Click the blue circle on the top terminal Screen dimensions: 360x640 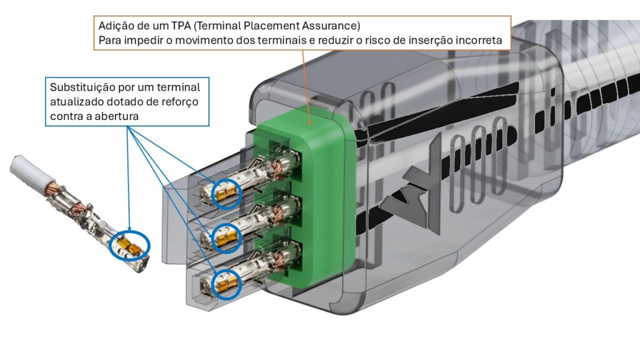coord(226,194)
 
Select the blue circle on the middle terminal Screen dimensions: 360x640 coord(226,237)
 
